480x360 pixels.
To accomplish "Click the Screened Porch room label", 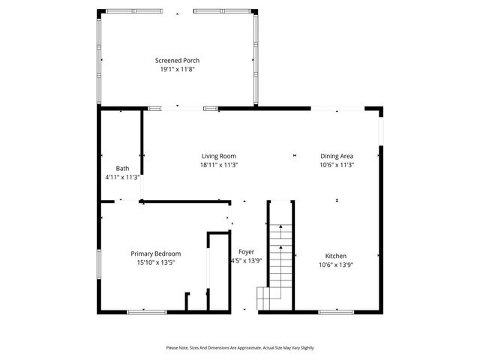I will coord(177,61).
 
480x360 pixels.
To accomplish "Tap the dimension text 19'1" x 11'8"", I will coord(177,69).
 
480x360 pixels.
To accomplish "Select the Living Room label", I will coord(219,156).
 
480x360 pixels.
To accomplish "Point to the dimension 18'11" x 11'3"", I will coord(219,165).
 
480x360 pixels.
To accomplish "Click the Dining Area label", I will coord(337,156).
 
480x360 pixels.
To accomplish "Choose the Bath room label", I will coord(122,168).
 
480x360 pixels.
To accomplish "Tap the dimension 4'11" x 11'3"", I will coord(122,177).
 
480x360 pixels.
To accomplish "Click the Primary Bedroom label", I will coord(156,253).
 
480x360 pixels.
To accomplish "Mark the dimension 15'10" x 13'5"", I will coord(156,262).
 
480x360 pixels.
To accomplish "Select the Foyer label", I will coord(246,252).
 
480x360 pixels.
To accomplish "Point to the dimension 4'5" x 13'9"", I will coord(246,261).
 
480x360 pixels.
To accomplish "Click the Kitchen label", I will coord(336,256).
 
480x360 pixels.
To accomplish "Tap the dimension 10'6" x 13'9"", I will coord(336,265).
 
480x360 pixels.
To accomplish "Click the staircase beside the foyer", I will coord(279,259).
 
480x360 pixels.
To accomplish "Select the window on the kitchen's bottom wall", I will coord(337,311).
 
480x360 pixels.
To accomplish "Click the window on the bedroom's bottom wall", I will coord(146,311).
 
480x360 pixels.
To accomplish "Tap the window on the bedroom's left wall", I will coord(100,267).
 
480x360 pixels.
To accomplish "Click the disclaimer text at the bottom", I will coord(240,348).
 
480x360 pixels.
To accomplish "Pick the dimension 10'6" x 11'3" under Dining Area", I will coord(337,165).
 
